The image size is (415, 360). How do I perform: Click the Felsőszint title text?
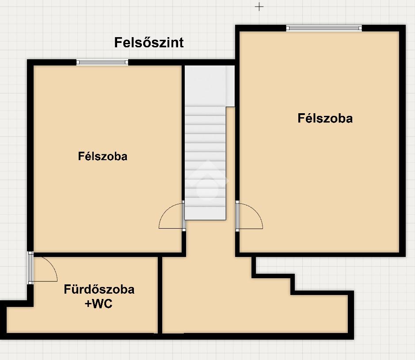click(x=149, y=42)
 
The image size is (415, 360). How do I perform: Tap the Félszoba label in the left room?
click(x=103, y=156)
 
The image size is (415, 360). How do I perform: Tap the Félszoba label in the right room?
click(x=325, y=118)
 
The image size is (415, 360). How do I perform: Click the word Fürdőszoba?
click(x=99, y=289)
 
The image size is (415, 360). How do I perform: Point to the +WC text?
click(x=99, y=303)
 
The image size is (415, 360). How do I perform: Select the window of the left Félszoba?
click(x=102, y=62)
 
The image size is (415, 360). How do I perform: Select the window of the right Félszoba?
click(x=324, y=28)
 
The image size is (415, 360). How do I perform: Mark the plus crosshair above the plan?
click(x=259, y=7)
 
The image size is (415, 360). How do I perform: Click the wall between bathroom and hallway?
click(x=160, y=295)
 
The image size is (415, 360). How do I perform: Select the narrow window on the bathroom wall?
click(x=30, y=268)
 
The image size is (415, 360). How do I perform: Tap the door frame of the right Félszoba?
click(x=237, y=216)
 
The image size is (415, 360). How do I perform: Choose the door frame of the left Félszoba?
click(x=184, y=216)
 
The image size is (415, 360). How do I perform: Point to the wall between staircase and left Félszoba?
click(x=183, y=132)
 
